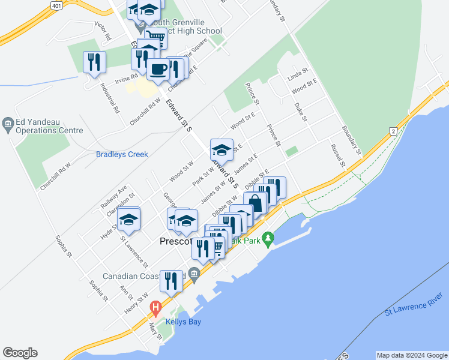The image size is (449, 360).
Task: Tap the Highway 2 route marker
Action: [393, 131]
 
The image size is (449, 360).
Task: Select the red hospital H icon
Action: [156, 310]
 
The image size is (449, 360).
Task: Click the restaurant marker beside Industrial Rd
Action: [94, 62]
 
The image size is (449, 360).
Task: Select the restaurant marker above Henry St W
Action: [171, 281]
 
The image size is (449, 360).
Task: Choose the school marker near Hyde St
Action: [128, 221]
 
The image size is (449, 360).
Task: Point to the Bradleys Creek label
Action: [122, 154]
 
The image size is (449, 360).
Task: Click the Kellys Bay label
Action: [183, 322]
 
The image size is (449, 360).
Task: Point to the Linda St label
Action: [297, 76]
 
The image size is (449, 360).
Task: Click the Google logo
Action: [20, 353]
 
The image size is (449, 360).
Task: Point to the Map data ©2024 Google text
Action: [411, 355]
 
